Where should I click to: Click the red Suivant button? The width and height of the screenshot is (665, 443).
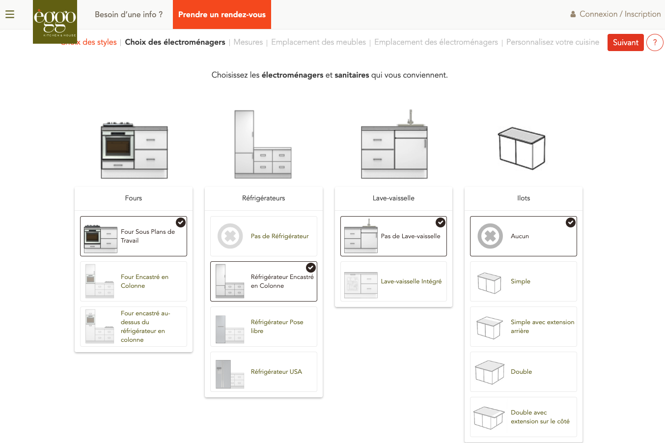click(625, 43)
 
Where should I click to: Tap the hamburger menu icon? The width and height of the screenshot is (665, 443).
click(10, 14)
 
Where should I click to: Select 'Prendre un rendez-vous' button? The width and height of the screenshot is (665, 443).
click(222, 14)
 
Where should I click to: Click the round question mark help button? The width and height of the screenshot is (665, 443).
click(655, 43)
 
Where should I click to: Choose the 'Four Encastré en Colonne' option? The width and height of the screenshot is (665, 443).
click(134, 281)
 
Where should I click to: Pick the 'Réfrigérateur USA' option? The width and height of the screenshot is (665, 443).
click(264, 372)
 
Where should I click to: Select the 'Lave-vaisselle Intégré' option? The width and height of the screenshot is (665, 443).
click(393, 281)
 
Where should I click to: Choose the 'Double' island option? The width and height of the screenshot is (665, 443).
click(524, 372)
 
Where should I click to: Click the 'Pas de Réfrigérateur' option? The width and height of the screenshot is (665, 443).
click(264, 236)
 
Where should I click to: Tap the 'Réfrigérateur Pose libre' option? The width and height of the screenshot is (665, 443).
click(264, 327)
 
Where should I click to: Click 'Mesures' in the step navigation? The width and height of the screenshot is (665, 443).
click(248, 42)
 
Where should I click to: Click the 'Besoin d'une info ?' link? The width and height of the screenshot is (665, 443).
click(129, 14)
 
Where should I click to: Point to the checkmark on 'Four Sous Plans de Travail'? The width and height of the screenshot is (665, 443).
click(181, 222)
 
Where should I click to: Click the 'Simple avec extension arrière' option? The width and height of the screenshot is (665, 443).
click(524, 327)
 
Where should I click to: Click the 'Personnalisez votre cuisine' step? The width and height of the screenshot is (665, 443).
click(553, 42)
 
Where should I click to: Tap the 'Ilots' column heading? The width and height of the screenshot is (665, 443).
click(524, 198)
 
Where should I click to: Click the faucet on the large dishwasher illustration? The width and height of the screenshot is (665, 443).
click(411, 117)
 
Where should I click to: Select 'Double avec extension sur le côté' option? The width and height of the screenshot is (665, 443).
click(524, 417)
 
